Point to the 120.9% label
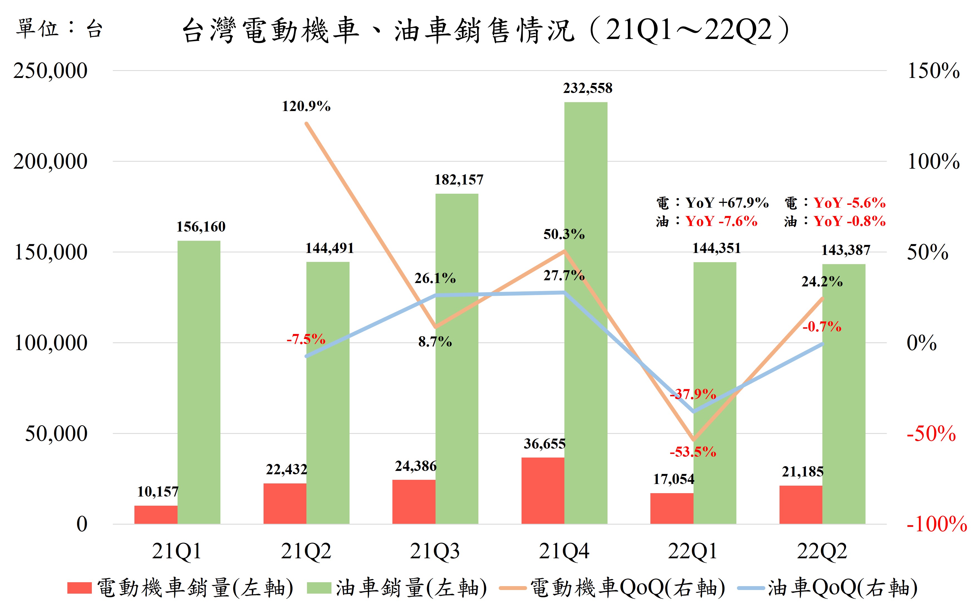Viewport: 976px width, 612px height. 306,106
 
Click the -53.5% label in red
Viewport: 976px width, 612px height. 693,452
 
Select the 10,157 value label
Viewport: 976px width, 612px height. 158,492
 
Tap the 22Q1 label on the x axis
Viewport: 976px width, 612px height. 692,551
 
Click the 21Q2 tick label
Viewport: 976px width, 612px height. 306,551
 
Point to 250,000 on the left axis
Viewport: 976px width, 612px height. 50,71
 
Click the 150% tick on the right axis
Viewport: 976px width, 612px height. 933,71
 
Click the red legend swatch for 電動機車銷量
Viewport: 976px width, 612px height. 79,588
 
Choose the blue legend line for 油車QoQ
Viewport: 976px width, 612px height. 751,588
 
